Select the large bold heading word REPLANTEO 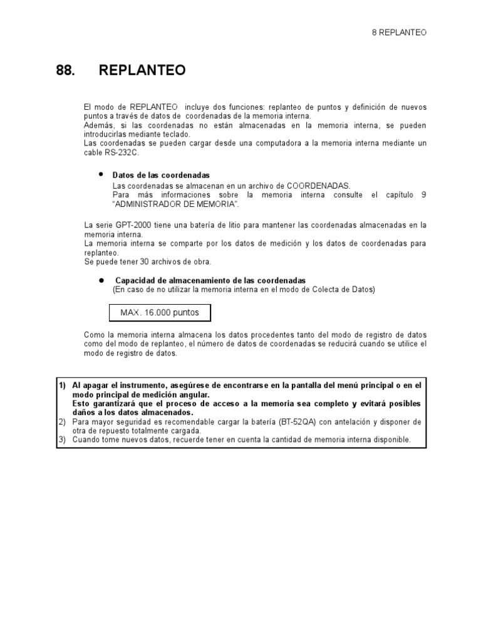tap(142, 71)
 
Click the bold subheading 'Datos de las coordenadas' tap(161, 175)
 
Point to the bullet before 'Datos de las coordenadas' tap(101, 174)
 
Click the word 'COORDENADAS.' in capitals tap(319, 186)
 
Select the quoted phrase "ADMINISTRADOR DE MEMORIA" tap(175, 204)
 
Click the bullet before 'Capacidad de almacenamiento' tap(101, 280)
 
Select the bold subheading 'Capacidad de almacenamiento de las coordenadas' tap(210, 280)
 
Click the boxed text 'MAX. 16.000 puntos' tap(160, 312)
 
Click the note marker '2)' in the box tap(63, 422)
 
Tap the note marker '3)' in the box tap(63, 440)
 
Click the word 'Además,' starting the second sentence tap(97, 125)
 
